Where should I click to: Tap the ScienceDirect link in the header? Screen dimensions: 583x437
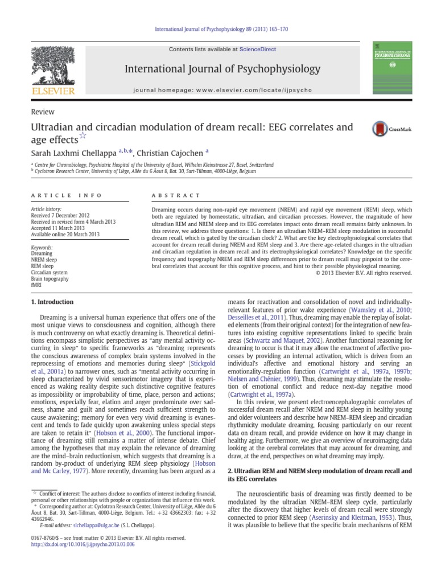[x=258, y=50]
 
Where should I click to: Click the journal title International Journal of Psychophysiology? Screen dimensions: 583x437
[x=222, y=69]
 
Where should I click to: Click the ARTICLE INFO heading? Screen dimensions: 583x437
[x=66, y=195]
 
